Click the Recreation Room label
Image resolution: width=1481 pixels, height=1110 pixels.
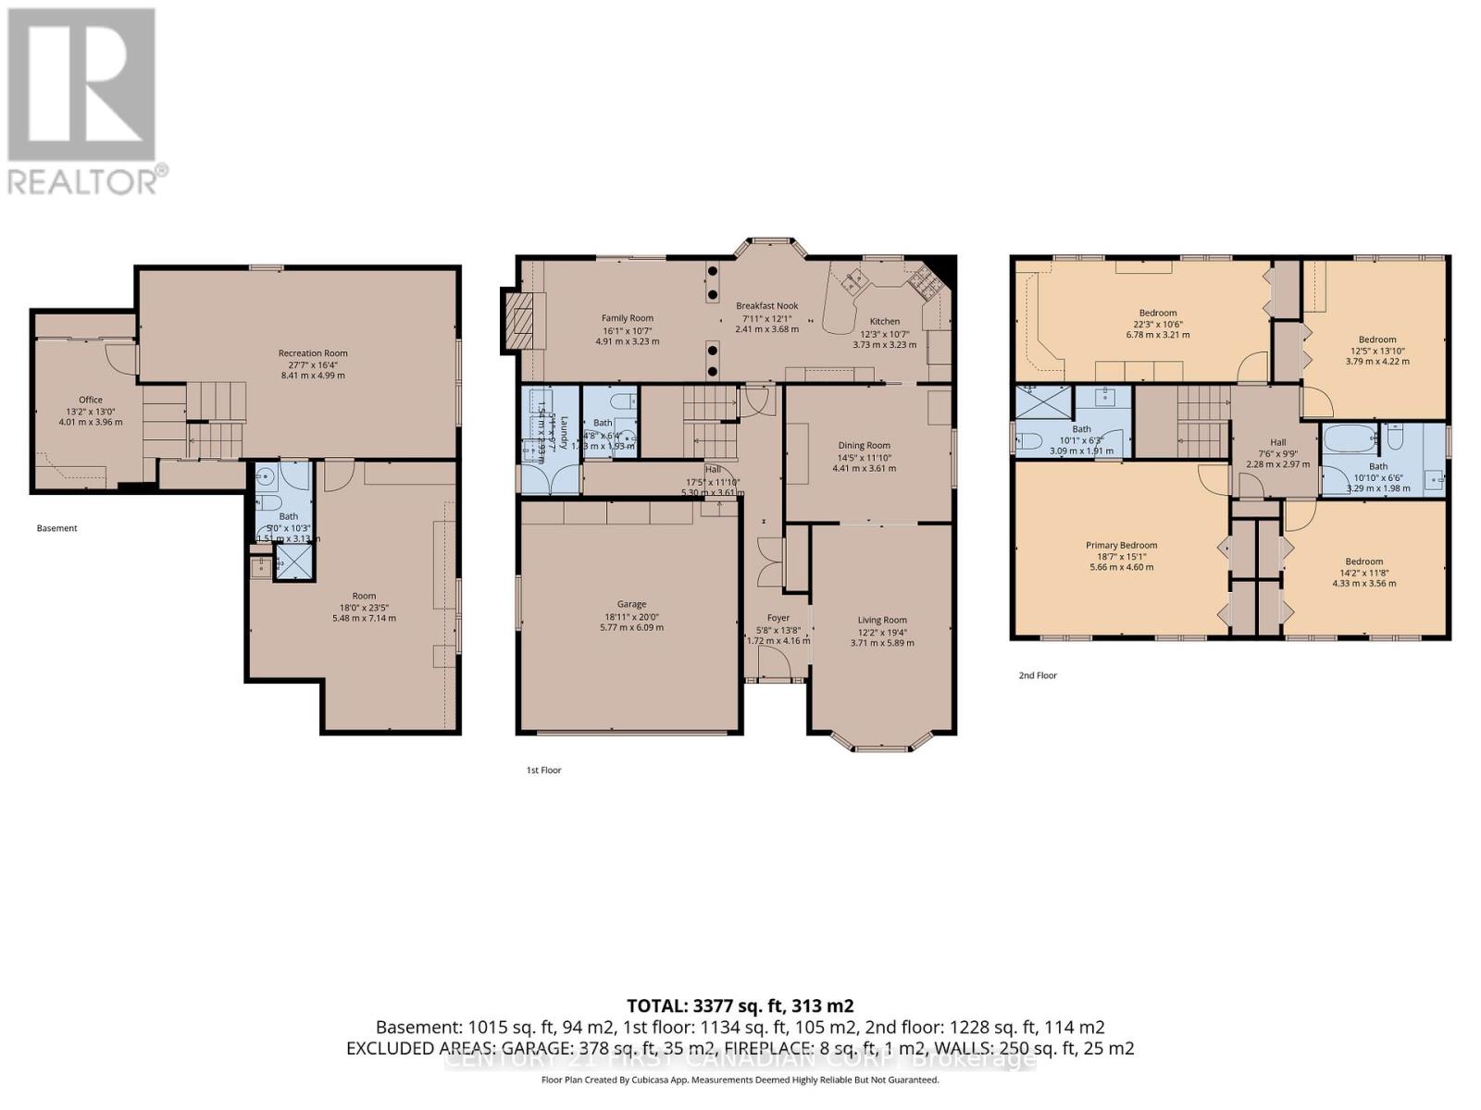(x=313, y=352)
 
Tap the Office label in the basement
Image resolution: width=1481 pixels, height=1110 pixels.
(x=91, y=400)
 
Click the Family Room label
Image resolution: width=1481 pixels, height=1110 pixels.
(x=628, y=318)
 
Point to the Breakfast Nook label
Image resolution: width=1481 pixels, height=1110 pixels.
(x=766, y=306)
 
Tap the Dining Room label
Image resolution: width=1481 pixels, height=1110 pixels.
(x=864, y=445)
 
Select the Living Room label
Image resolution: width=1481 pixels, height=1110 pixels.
(x=881, y=620)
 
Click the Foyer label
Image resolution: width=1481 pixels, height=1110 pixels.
(x=778, y=618)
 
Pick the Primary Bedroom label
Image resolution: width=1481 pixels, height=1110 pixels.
(x=1121, y=545)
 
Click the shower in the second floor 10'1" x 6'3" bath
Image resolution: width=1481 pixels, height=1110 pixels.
(x=1043, y=403)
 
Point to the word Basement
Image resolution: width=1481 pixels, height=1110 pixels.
(x=57, y=528)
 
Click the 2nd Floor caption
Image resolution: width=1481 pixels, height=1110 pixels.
(x=1038, y=675)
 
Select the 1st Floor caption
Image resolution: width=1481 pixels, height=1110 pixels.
(x=543, y=770)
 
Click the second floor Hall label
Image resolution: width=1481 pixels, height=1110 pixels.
(x=1277, y=442)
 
